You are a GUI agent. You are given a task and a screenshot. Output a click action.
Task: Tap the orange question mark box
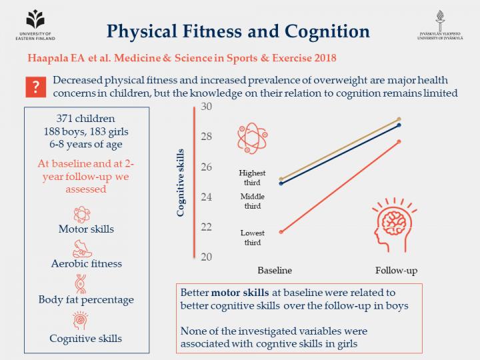click(37, 87)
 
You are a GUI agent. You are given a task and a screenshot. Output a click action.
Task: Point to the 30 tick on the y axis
click(206, 107)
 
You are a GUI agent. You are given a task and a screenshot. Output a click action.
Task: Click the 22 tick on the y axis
click(206, 227)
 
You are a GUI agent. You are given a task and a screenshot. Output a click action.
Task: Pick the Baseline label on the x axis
click(275, 270)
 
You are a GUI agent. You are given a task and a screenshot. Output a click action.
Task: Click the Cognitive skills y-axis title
click(181, 182)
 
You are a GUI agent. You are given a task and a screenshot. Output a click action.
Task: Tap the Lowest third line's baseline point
click(281, 232)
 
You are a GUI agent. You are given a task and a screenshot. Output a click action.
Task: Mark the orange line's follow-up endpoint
click(399, 141)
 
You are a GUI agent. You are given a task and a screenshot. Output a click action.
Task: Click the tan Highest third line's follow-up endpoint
click(399, 119)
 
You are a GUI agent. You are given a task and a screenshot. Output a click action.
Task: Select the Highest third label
click(252, 177)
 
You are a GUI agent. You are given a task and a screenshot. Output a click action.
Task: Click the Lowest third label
click(252, 237)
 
